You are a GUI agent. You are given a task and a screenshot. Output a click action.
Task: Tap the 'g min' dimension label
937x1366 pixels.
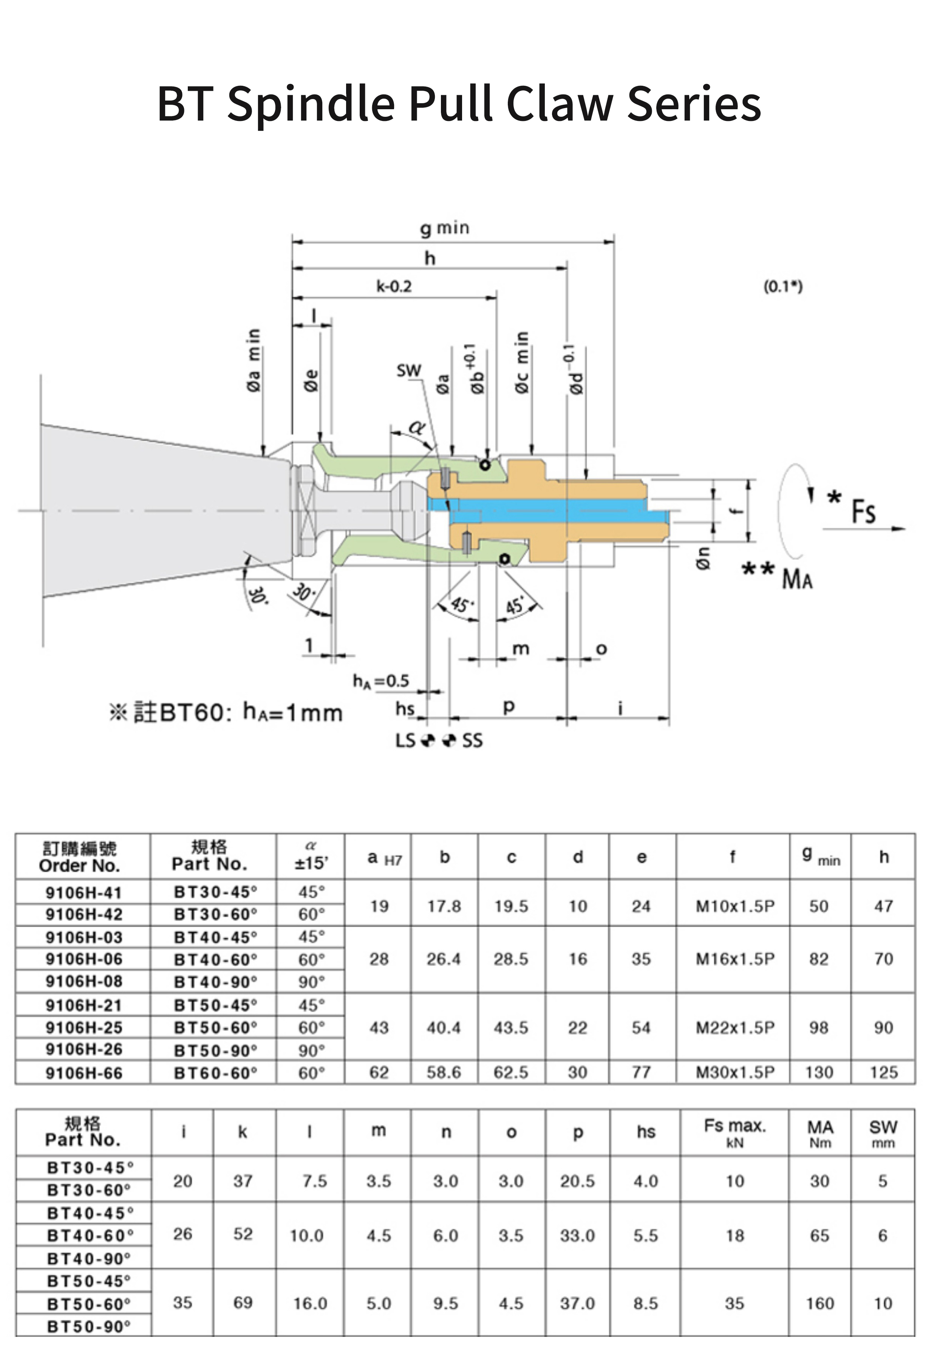(445, 228)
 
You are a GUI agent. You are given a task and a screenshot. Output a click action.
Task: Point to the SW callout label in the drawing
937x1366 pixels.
(408, 371)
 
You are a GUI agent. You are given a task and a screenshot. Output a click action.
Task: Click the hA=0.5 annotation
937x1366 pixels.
(381, 681)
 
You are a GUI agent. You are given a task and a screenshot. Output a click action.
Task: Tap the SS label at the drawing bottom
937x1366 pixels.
(472, 740)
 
